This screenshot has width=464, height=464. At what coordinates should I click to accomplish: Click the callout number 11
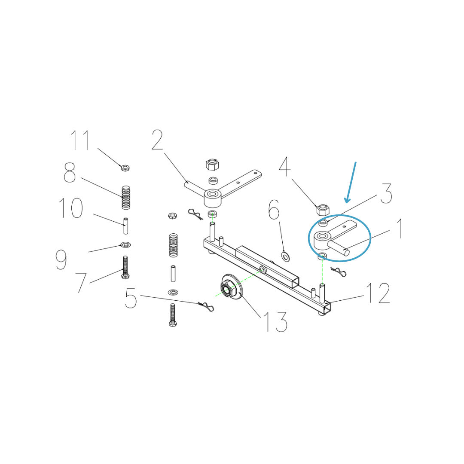tap(80, 140)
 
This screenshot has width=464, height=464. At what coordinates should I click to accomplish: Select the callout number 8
tap(70, 172)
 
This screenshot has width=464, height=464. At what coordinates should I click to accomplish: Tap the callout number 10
tap(71, 208)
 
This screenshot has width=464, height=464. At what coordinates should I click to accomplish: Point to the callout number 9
tap(61, 259)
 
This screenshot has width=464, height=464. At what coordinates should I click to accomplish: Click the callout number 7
tap(81, 283)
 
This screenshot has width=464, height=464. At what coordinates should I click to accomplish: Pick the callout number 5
tap(131, 298)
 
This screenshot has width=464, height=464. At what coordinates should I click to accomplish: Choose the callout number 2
tap(157, 140)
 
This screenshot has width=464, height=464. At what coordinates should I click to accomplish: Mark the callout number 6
tap(274, 210)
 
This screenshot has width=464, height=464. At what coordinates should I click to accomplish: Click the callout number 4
tap(285, 166)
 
